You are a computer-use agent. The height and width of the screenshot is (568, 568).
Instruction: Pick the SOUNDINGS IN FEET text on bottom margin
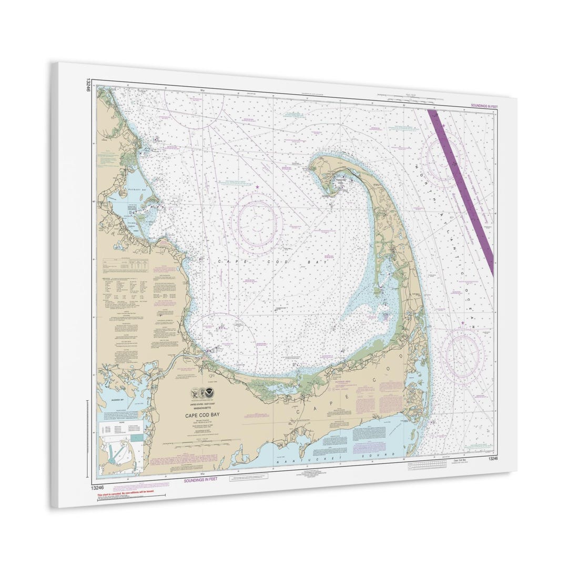point(200,480)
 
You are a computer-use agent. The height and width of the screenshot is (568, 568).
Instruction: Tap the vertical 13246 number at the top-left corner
point(88,84)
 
